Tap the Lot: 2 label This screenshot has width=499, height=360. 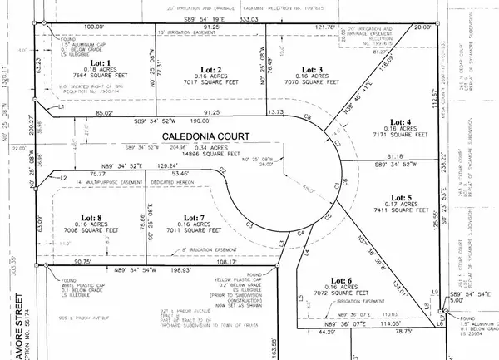pyautogui.click(x=212, y=70)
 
